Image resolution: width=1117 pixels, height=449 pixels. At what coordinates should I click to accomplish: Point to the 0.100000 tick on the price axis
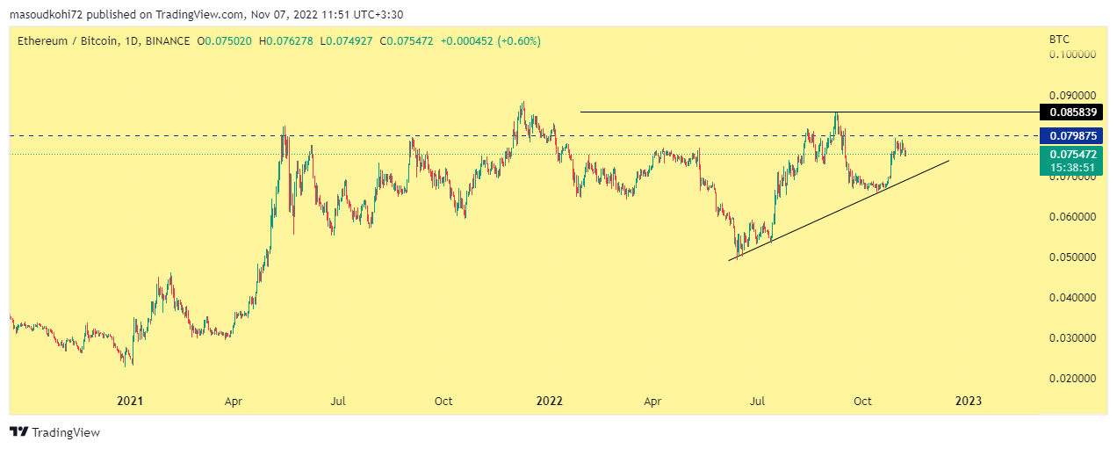click(x=1072, y=54)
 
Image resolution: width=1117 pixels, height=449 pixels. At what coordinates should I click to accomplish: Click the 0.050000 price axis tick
click(x=1072, y=257)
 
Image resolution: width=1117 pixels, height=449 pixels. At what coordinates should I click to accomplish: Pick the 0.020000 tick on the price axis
click(x=1072, y=379)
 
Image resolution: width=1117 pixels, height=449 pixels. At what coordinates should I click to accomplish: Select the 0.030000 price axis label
click(x=1072, y=338)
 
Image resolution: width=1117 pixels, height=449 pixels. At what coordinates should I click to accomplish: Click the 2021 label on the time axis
click(x=130, y=402)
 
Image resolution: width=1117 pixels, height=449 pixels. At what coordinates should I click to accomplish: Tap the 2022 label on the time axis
click(x=549, y=402)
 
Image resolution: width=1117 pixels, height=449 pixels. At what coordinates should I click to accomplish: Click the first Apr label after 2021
click(x=234, y=402)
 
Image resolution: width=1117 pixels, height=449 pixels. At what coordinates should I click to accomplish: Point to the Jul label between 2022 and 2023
click(x=758, y=402)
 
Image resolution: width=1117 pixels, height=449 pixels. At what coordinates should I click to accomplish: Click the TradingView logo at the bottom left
click(x=54, y=432)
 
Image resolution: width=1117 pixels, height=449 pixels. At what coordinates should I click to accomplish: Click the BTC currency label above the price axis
click(x=1059, y=40)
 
